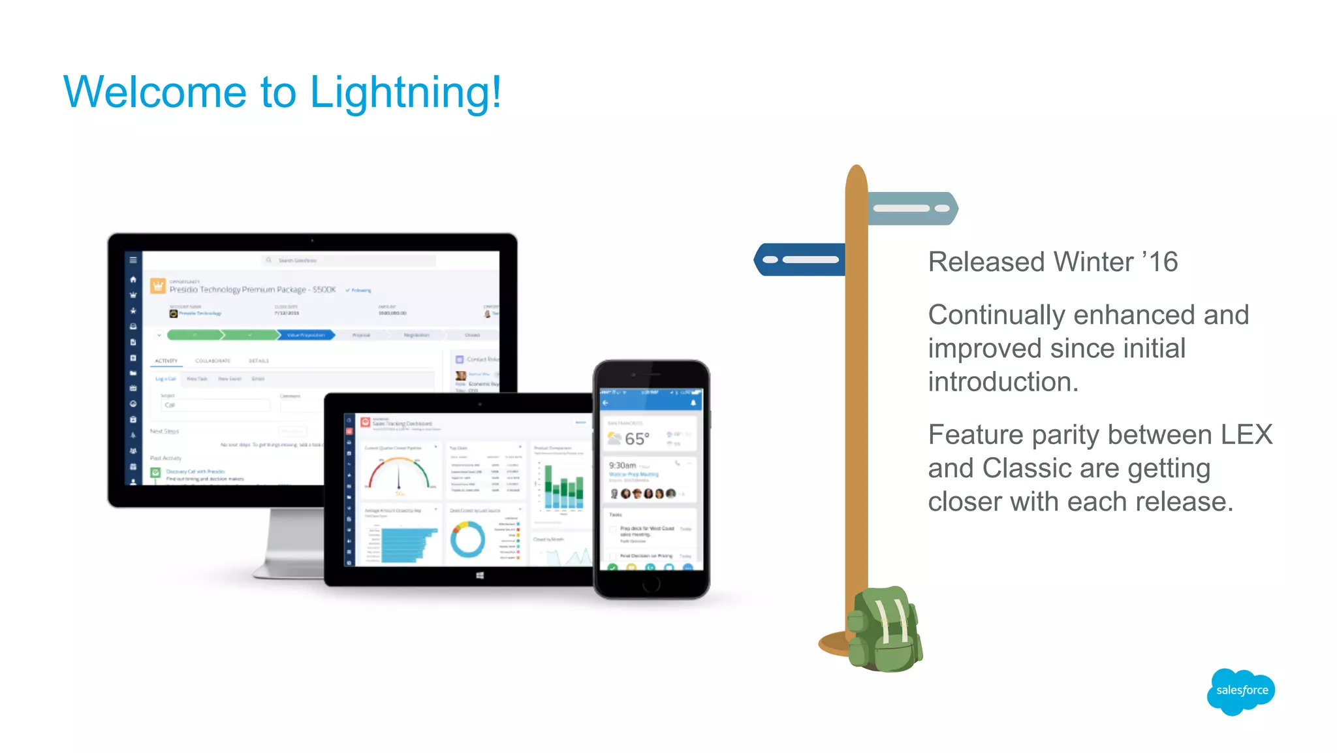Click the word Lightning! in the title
(x=405, y=93)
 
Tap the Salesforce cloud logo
(x=1241, y=691)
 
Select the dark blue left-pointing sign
(x=800, y=259)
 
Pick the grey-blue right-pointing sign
(x=913, y=208)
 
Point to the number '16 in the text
(x=1160, y=263)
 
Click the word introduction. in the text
(x=1003, y=382)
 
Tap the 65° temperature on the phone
(x=637, y=439)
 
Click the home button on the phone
(x=651, y=585)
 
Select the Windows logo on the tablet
(x=480, y=575)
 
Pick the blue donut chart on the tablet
(x=467, y=539)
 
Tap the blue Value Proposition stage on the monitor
(x=306, y=335)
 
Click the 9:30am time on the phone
(x=622, y=466)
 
